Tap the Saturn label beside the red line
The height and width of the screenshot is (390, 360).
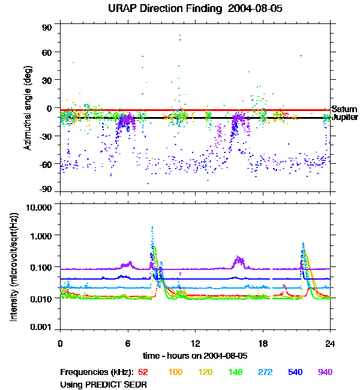(344, 109)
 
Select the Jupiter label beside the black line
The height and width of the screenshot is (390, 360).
(345, 118)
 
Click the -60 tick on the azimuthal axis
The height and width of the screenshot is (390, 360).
(46, 163)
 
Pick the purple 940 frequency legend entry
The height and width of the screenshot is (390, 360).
(325, 372)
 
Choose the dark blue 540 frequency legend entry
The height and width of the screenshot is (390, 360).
(295, 372)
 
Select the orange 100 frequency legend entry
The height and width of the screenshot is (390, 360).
(175, 372)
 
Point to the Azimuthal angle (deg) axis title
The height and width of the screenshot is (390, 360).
(27, 108)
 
